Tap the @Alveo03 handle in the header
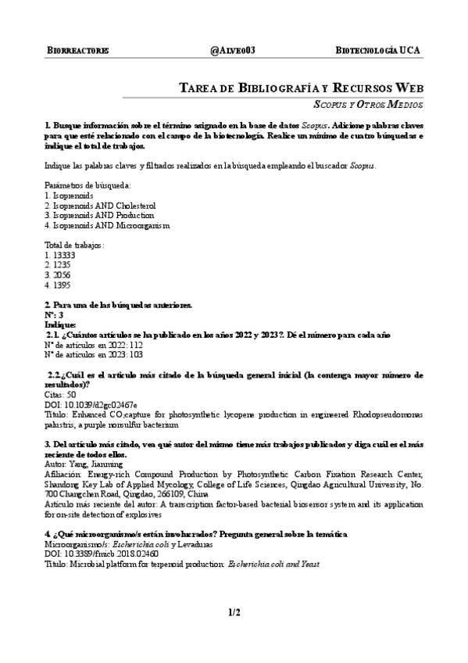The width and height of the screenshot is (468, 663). (233, 51)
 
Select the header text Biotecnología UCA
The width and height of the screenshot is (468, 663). (377, 51)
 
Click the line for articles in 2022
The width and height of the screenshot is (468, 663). (94, 345)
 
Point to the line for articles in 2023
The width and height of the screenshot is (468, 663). (94, 355)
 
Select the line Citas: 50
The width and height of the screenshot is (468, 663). (61, 396)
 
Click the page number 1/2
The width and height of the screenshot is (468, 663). (234, 614)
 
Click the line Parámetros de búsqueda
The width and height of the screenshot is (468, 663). (88, 185)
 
